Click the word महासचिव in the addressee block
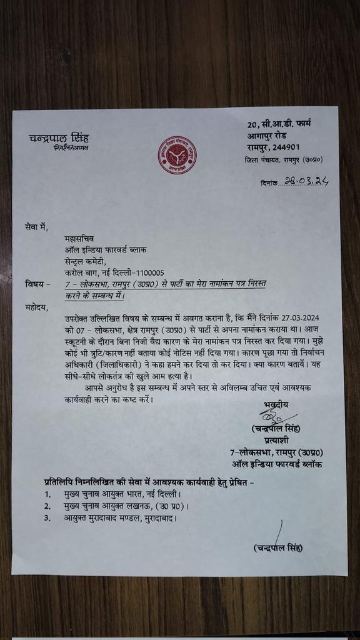pyautogui.click(x=79, y=238)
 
